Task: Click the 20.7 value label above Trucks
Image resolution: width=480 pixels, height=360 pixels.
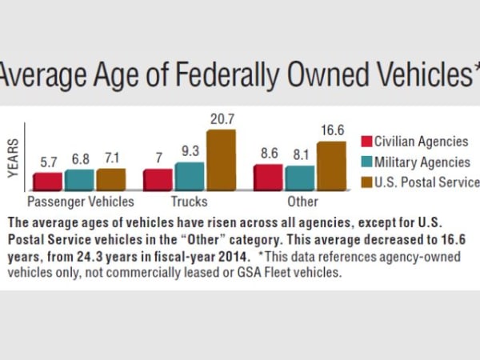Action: tap(221, 118)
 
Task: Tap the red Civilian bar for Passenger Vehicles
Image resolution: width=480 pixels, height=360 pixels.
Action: tap(48, 181)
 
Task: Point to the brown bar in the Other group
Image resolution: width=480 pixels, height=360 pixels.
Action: tap(331, 166)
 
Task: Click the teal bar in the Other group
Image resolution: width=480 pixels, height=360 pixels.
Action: tap(300, 178)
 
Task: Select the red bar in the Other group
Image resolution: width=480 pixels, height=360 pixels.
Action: tap(268, 177)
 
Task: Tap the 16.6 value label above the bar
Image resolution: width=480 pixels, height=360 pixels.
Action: tap(331, 130)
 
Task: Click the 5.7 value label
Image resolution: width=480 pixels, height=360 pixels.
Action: tap(48, 162)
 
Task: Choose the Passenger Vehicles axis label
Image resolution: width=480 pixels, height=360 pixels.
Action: tap(80, 201)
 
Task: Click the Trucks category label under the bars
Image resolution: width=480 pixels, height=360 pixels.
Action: tap(190, 201)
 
